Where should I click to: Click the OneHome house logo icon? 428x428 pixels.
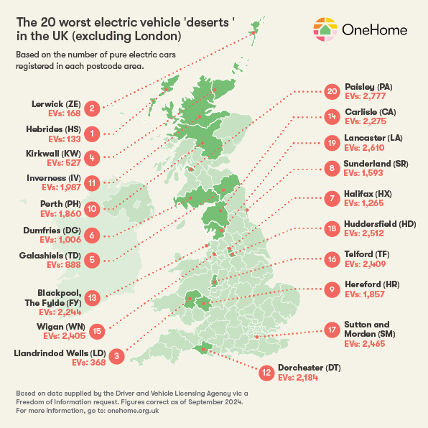click(x=325, y=29)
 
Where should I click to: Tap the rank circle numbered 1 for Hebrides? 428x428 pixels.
click(x=91, y=134)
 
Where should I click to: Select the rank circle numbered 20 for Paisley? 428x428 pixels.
click(x=331, y=91)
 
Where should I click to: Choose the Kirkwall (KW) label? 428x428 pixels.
click(x=52, y=153)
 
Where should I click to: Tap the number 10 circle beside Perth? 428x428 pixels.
click(x=91, y=209)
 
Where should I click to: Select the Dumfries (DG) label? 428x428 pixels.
click(x=52, y=229)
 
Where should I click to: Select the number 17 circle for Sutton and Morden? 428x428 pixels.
click(x=331, y=331)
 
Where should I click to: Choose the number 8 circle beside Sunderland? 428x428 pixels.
click(x=331, y=168)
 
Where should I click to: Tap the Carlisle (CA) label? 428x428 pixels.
click(x=371, y=113)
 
